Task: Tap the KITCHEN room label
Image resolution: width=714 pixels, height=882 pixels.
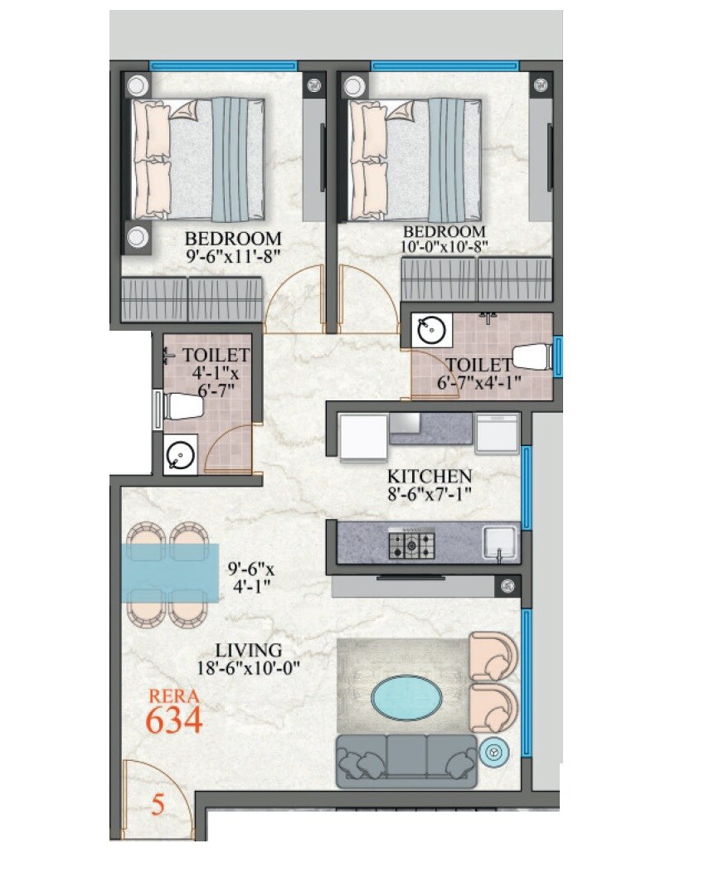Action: point(430,477)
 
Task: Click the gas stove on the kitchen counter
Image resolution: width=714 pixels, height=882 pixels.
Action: point(413,545)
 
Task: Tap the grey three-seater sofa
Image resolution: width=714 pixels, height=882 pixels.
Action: point(406,760)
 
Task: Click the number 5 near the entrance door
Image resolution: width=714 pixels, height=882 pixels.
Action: point(158,803)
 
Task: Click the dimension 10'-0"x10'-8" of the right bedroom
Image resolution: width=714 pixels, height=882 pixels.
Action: point(444,245)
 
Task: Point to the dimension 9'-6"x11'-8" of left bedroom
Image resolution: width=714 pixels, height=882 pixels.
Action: point(234,256)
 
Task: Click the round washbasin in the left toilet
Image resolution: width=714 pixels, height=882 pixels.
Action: point(180,455)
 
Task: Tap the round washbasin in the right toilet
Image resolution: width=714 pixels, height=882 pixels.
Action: point(431,331)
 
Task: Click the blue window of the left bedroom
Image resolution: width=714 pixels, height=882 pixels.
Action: point(222,65)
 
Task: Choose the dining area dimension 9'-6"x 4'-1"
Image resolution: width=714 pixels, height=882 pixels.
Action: point(249,579)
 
